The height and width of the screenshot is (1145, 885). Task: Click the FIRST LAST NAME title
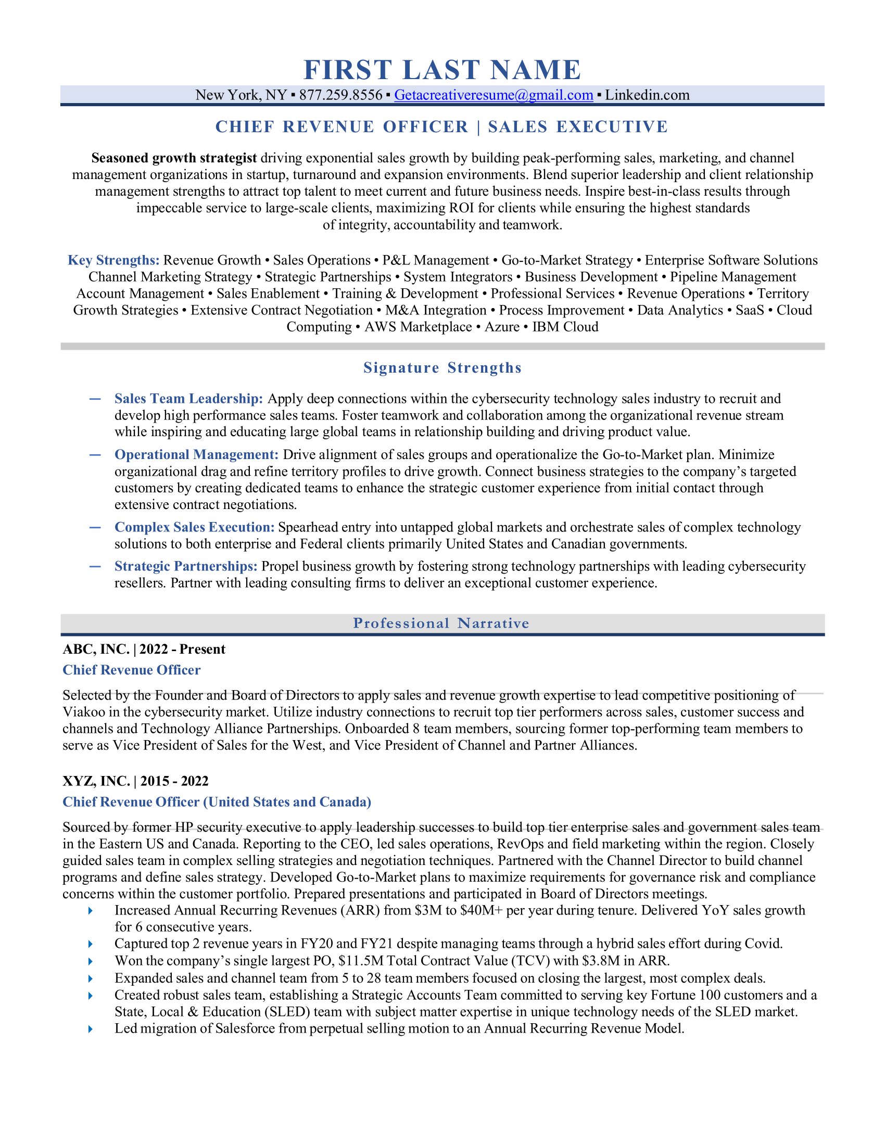coord(442,70)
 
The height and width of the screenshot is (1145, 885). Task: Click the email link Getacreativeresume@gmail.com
coord(494,95)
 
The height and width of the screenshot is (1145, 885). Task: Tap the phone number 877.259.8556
coord(341,95)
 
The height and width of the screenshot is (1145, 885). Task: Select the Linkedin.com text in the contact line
coord(647,95)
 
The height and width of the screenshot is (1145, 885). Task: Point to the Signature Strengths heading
coord(442,368)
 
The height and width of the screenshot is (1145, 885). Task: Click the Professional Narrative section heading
coord(441,624)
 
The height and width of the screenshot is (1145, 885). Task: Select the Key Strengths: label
coord(113,260)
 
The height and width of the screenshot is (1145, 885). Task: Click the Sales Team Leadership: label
coord(189,399)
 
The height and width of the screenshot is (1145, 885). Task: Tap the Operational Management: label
coord(196,454)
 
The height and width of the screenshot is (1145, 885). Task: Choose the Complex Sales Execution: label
coord(195,527)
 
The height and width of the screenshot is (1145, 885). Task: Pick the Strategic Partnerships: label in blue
coord(186,566)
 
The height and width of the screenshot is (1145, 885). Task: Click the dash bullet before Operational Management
coord(95,454)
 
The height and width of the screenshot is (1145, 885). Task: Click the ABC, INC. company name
coord(96,649)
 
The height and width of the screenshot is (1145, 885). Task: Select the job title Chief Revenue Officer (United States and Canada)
coord(217,802)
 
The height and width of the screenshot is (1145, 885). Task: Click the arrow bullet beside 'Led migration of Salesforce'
coord(91,1028)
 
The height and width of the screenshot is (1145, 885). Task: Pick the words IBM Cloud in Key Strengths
coord(565,327)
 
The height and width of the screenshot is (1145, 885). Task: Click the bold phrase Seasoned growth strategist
coord(174,158)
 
